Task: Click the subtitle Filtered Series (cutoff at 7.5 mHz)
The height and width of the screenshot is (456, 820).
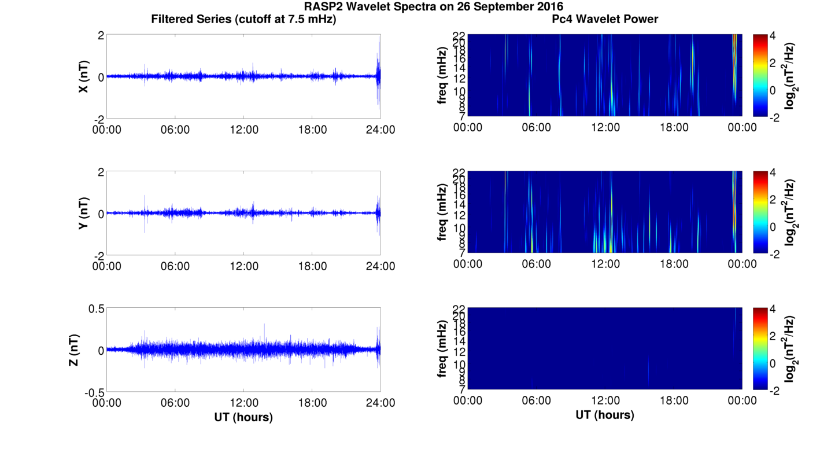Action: tap(243, 20)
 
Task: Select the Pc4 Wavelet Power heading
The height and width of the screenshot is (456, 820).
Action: tap(605, 20)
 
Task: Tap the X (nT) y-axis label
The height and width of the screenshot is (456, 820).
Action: tap(84, 76)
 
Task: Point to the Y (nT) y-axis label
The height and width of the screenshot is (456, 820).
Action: tap(84, 213)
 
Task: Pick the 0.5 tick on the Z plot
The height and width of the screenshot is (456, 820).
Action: tap(95, 309)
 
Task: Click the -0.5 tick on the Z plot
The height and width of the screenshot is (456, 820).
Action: tap(93, 392)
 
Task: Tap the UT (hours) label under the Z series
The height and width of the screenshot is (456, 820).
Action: tap(243, 417)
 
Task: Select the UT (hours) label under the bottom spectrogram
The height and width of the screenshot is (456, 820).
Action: tap(605, 415)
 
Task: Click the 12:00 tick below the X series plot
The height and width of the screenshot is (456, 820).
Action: tap(244, 130)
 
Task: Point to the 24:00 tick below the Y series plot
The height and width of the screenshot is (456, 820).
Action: tap(381, 266)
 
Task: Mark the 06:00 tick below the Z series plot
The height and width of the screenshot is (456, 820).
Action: tap(175, 403)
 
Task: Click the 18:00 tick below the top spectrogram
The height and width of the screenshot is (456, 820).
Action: tap(674, 127)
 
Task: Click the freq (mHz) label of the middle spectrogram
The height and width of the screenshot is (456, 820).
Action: tap(442, 212)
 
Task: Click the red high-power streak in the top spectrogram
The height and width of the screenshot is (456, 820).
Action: tap(734, 52)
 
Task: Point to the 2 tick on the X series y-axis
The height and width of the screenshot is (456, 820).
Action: tap(101, 35)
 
